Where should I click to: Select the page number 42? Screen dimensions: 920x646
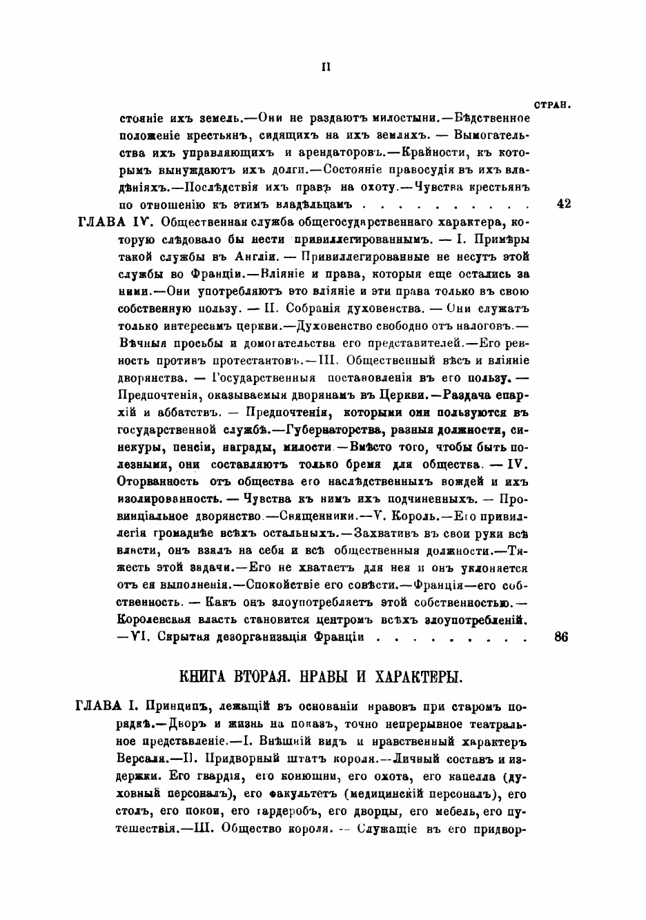(562, 204)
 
